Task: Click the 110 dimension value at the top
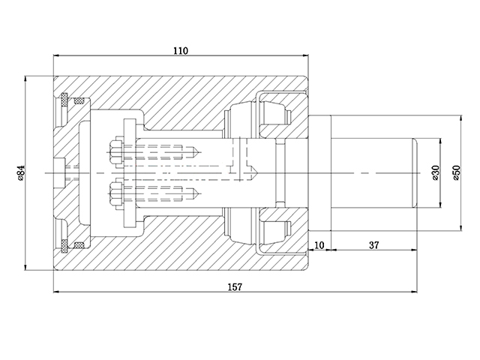click(x=180, y=50)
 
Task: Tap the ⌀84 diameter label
click(x=21, y=173)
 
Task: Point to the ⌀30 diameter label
click(x=436, y=173)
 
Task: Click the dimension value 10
click(x=319, y=245)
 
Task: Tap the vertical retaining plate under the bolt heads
click(x=128, y=173)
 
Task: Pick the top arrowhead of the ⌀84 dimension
click(x=26, y=77)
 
